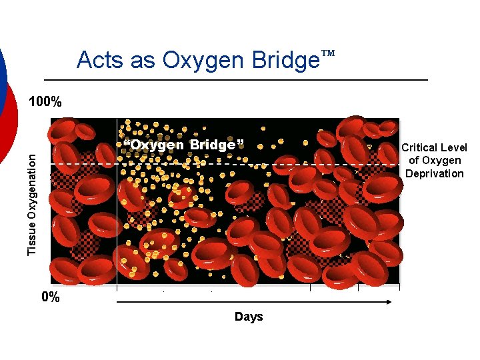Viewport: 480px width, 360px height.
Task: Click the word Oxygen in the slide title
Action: (x=203, y=61)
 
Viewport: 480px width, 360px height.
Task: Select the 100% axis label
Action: (x=45, y=102)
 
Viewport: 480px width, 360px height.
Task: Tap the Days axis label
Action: (x=249, y=317)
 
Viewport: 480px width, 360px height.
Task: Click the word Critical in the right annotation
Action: (x=419, y=147)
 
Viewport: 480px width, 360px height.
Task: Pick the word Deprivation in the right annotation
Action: (x=435, y=173)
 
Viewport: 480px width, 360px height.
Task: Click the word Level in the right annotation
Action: (x=453, y=147)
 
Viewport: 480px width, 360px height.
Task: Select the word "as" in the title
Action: (x=141, y=61)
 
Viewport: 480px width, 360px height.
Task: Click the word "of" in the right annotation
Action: (x=414, y=160)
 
